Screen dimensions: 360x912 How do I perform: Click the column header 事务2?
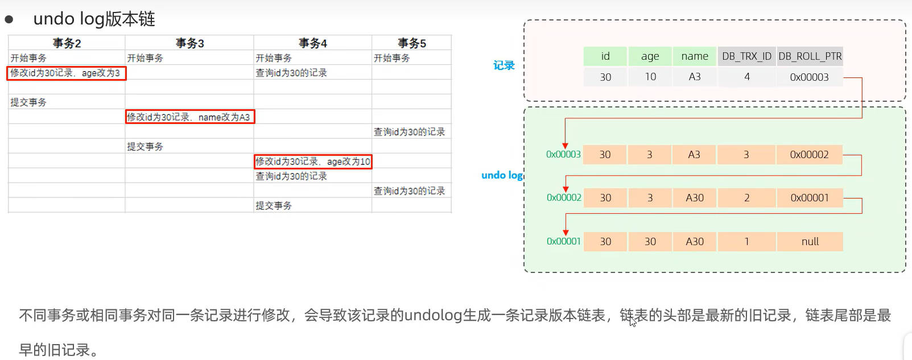67,43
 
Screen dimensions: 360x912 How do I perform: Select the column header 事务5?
411,43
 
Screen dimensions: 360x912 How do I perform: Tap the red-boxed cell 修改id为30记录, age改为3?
66,73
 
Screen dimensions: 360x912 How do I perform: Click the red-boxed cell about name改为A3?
189,117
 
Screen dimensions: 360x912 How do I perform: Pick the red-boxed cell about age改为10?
313,162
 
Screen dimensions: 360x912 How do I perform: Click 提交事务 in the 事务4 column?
274,205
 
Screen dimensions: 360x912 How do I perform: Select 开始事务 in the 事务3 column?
145,58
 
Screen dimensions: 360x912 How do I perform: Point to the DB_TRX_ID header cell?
746,56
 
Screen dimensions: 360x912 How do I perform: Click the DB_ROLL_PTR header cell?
810,56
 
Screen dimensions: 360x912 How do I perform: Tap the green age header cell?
650,56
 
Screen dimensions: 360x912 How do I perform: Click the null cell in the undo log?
810,241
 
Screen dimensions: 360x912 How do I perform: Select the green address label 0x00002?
564,197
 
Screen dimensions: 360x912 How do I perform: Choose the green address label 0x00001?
564,241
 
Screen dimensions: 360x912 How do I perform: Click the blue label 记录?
504,65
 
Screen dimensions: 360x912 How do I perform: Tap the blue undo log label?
502,175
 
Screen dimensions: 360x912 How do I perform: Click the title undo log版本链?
94,19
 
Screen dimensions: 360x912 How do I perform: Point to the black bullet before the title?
9,19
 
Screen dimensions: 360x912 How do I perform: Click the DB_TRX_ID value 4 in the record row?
746,77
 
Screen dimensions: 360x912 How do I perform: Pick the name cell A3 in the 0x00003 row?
694,155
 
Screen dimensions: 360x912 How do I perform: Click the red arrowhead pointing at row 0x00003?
565,146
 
